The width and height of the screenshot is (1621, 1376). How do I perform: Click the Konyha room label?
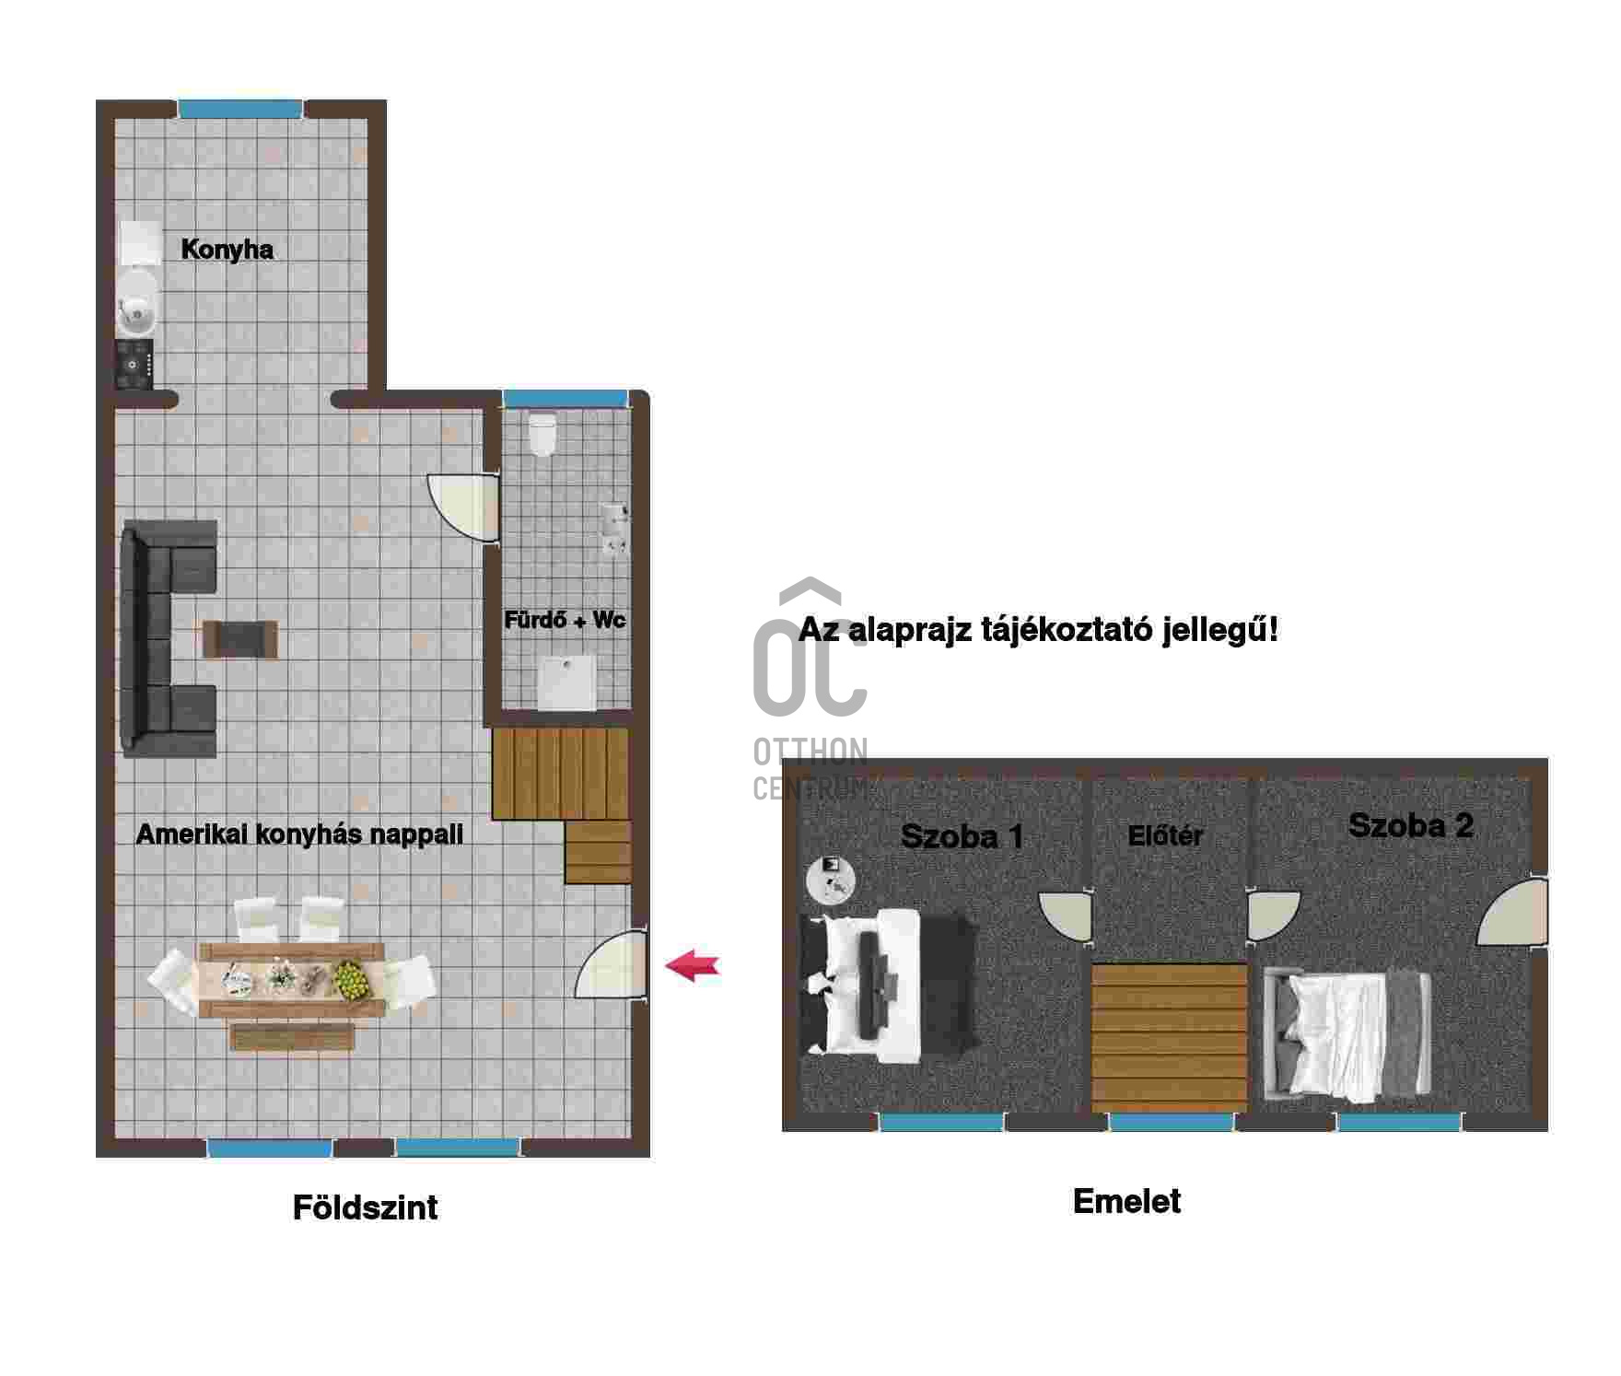[227, 250]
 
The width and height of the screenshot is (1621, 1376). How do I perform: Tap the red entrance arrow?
[693, 966]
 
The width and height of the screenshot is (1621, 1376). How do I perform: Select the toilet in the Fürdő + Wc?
[542, 434]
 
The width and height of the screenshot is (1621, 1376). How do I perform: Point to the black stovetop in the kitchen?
[134, 364]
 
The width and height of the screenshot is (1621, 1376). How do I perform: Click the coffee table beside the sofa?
[239, 639]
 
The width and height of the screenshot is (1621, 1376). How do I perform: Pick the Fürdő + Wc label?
[565, 620]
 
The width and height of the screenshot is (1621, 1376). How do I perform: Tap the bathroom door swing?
[463, 507]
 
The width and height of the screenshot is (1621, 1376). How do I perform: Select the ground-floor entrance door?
[611, 964]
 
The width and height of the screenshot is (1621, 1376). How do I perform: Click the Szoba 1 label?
[962, 836]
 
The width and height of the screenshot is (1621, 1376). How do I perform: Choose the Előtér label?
[1165, 835]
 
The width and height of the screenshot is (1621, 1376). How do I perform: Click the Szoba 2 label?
[1410, 825]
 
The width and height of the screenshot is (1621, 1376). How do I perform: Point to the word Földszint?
[365, 1207]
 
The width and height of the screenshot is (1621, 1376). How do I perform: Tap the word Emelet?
[1126, 1201]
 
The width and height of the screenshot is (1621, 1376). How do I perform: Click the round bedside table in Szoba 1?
[830, 880]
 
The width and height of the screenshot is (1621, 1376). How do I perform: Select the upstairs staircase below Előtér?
[1169, 1038]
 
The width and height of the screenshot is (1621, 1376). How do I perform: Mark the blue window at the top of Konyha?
[239, 109]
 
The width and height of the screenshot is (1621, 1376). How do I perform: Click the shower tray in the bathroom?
[566, 682]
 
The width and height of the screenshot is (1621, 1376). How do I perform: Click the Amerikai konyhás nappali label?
[299, 834]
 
